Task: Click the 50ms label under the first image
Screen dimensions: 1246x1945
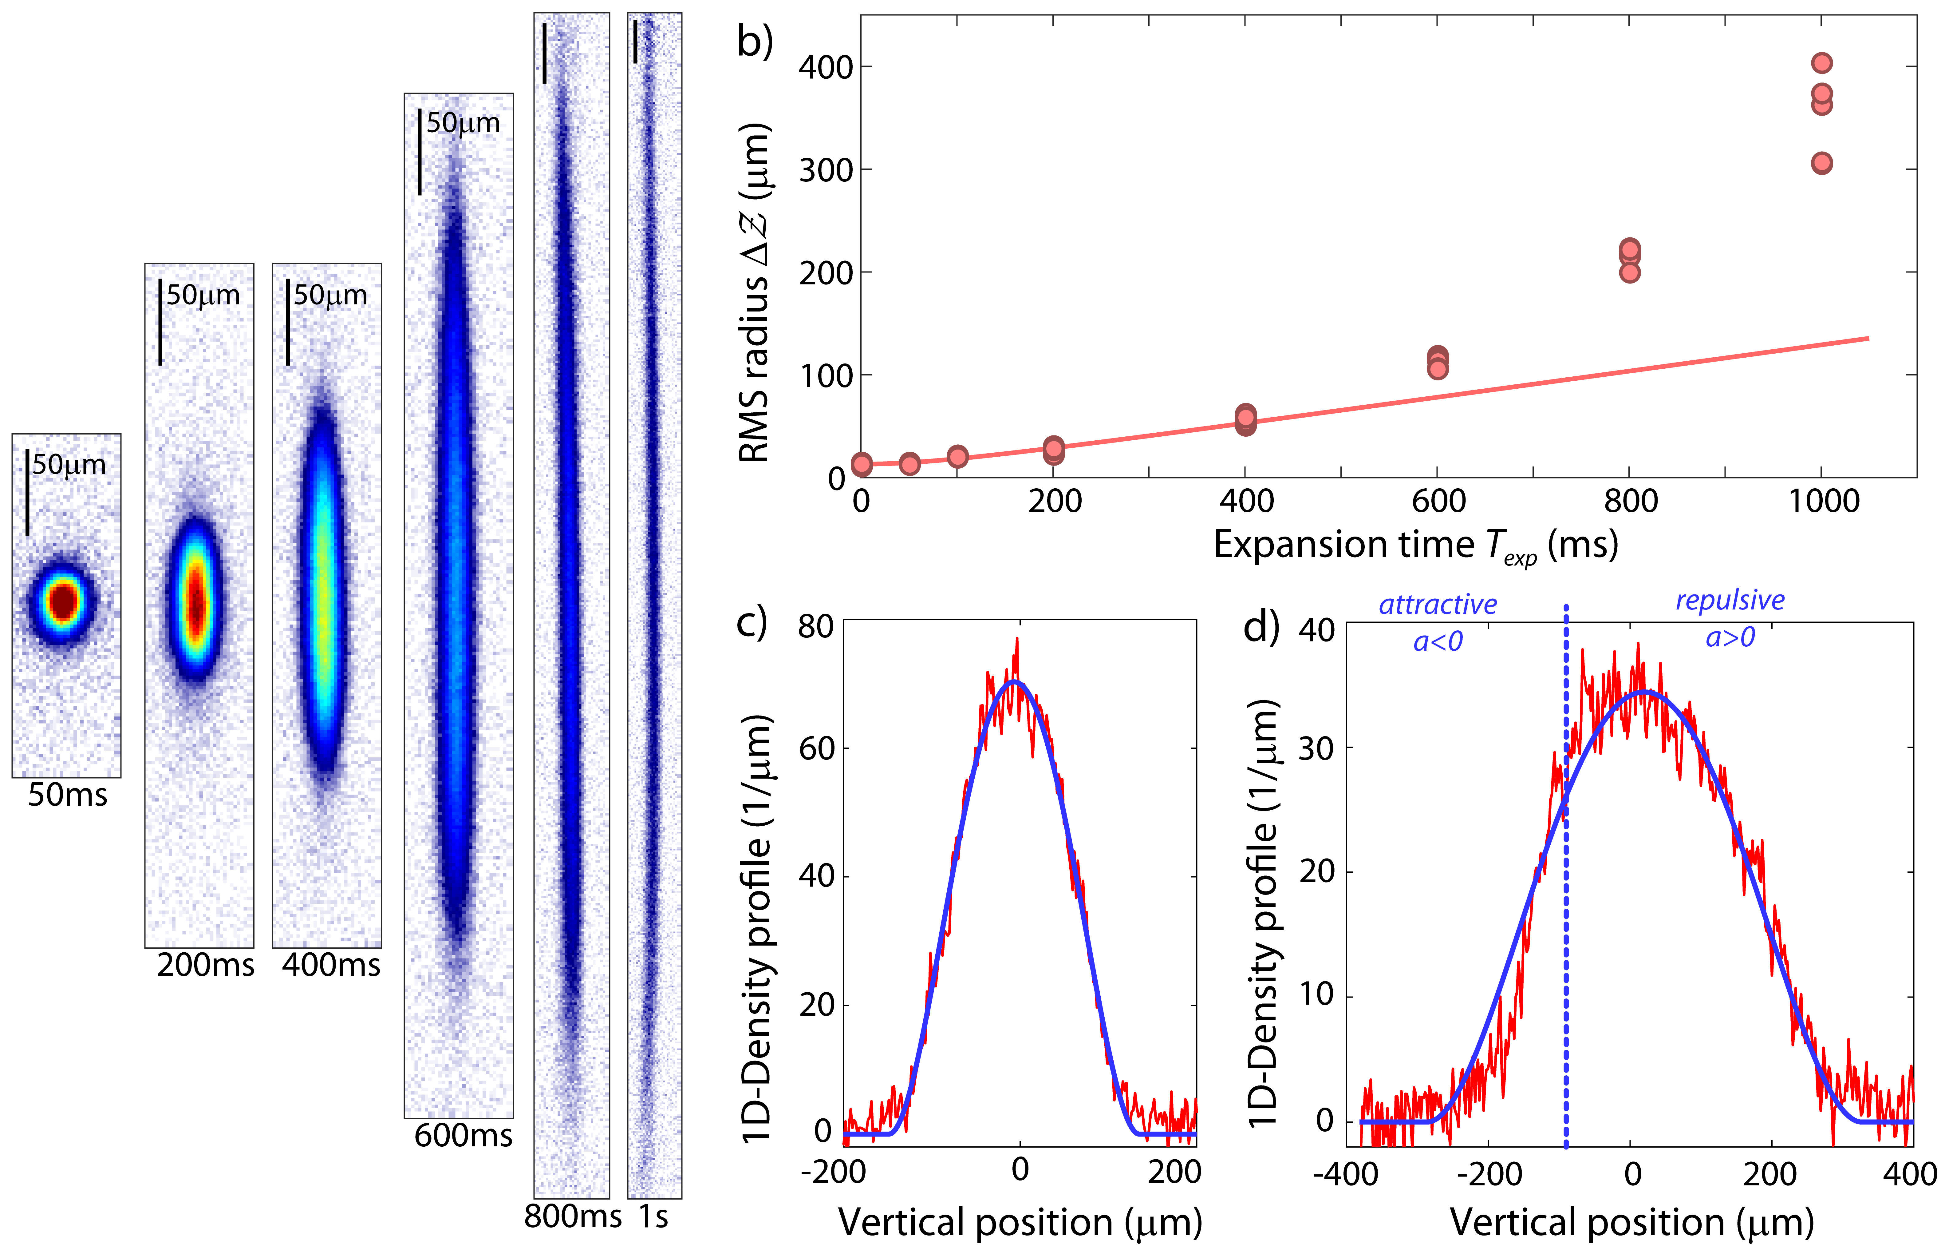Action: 67,795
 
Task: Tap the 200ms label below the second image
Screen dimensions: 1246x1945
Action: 205,965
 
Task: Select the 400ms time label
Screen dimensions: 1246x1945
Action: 331,965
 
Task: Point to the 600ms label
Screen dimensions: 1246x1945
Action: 463,1136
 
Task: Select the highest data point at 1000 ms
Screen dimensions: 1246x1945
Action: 1821,63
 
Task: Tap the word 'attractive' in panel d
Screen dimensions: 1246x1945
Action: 1437,604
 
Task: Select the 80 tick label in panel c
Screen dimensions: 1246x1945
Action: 815,627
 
